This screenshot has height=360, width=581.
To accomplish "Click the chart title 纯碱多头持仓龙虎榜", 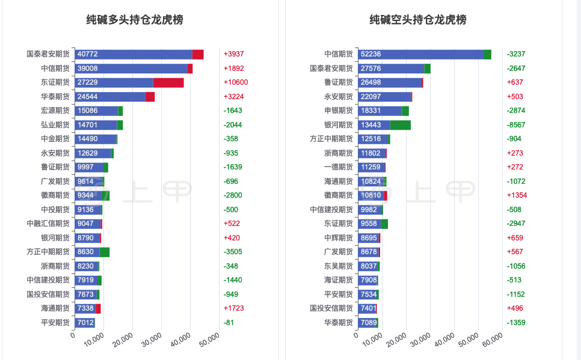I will (135, 20).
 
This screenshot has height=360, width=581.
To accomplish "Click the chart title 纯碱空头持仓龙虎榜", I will (418, 20).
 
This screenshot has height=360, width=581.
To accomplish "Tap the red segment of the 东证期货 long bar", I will (168, 82).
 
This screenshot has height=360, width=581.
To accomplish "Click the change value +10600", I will (236, 82).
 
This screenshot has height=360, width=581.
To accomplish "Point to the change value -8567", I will (517, 125).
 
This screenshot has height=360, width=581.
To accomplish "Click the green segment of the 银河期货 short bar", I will (401, 125).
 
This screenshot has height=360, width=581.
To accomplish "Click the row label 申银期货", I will (339, 111).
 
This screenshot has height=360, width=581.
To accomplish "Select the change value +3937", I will (234, 54).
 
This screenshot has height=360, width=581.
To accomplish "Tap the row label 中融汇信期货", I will (49, 224).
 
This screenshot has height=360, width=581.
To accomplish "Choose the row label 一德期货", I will (339, 167).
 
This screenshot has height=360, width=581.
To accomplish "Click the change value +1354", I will (517, 195).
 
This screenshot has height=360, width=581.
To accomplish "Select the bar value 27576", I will (370, 69).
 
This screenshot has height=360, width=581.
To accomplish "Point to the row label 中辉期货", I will (339, 238).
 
